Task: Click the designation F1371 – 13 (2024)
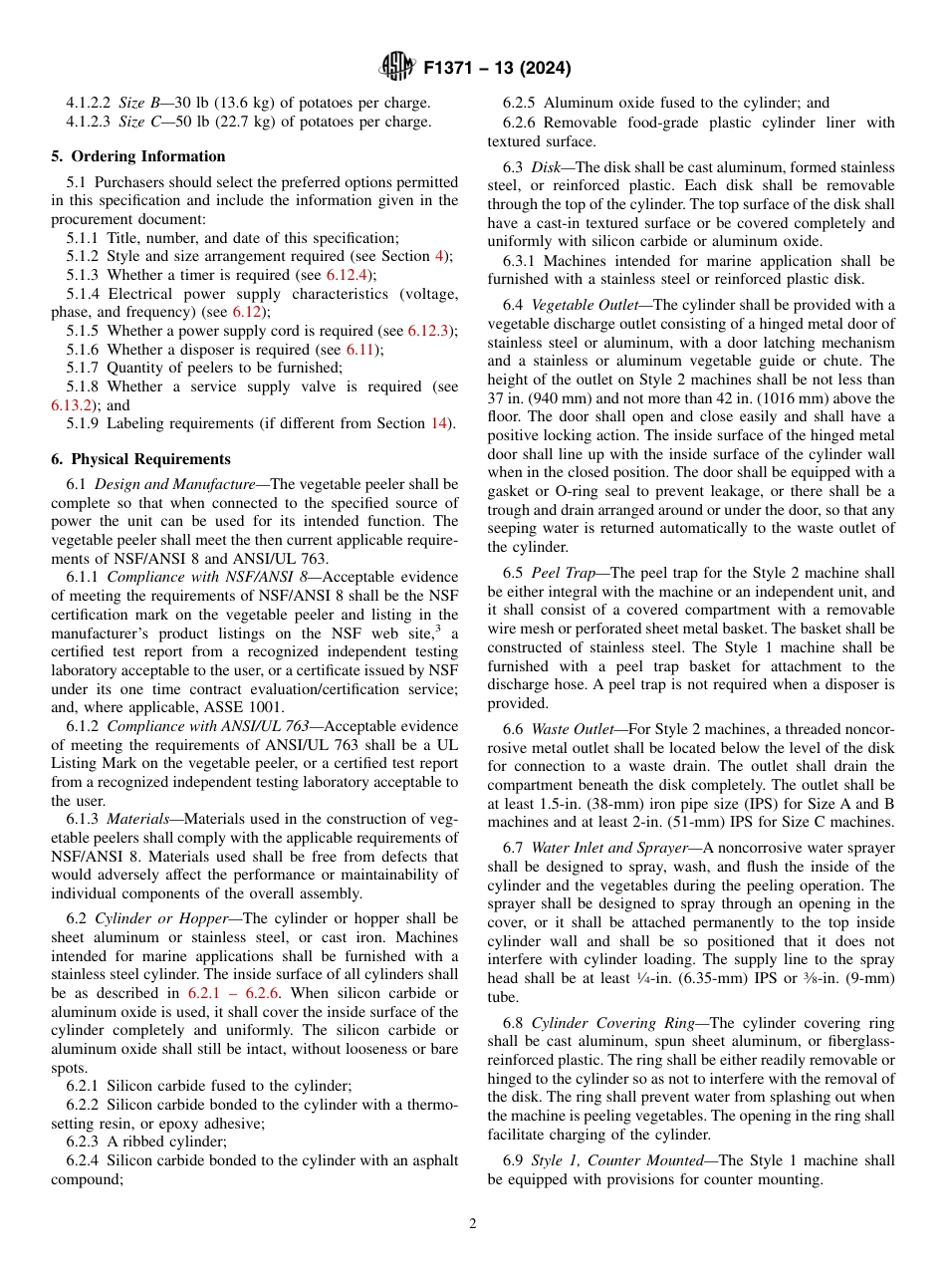click(496, 69)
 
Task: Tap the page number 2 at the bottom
click(473, 1224)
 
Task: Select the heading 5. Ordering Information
click(138, 156)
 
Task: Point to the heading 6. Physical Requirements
click(140, 459)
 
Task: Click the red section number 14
click(439, 423)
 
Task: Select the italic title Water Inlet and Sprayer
click(612, 848)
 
